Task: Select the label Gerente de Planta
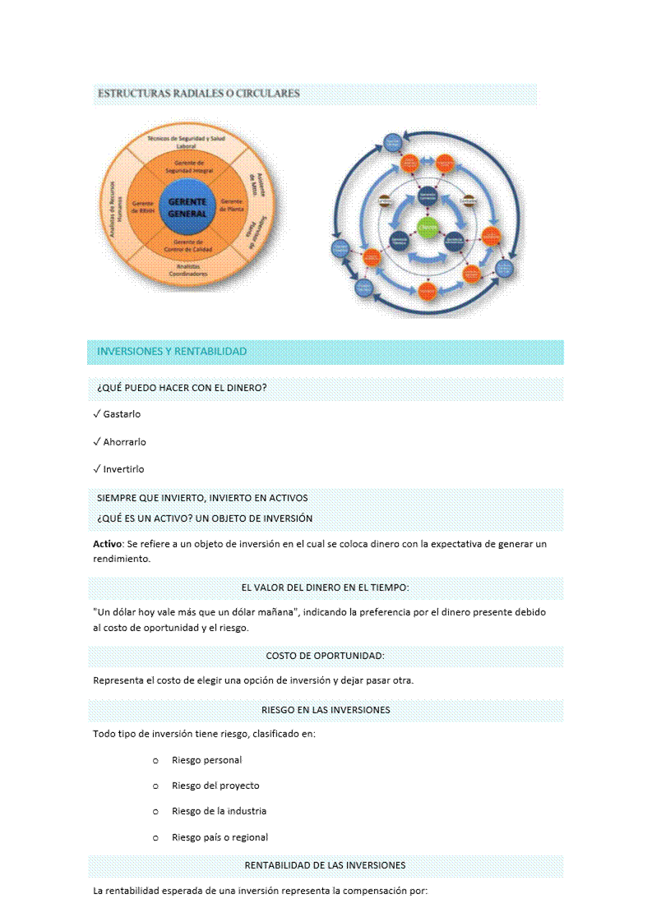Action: tap(232, 205)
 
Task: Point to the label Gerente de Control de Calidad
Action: tap(188, 246)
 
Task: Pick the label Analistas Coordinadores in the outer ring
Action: tap(188, 270)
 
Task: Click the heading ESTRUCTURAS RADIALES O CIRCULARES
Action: tap(198, 94)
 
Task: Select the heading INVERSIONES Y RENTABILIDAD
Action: tap(172, 352)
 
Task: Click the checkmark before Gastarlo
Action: tap(97, 414)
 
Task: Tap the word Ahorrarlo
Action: tap(124, 442)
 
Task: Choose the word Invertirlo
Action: tap(123, 469)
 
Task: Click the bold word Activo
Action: tap(107, 544)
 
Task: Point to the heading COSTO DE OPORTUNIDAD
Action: tap(325, 656)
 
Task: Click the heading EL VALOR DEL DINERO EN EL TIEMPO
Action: tap(325, 588)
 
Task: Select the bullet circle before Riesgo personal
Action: tap(155, 760)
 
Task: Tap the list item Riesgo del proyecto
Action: tap(215, 786)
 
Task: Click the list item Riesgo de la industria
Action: tap(219, 811)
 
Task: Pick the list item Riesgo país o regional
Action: tap(220, 837)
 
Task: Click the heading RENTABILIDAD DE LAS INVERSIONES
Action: tap(325, 865)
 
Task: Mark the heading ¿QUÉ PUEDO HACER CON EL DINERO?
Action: tap(182, 388)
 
